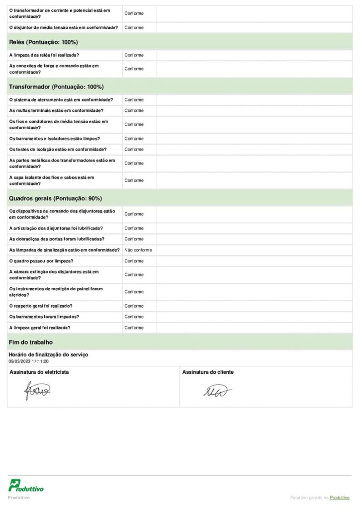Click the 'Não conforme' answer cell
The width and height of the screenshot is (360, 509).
(x=138, y=250)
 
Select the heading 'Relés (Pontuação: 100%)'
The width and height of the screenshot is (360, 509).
(x=43, y=42)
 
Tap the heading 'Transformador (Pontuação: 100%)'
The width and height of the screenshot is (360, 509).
(x=56, y=87)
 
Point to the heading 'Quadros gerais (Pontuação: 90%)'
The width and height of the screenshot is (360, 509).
(x=55, y=198)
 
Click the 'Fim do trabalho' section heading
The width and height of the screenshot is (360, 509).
(x=31, y=342)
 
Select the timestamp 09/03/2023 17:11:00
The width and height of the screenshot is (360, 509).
(x=28, y=361)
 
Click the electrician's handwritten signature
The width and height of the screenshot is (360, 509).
(x=38, y=391)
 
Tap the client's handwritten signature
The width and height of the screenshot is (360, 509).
(x=217, y=392)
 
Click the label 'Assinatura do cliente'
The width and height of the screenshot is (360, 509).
(x=208, y=372)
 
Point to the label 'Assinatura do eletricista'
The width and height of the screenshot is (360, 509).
(x=39, y=372)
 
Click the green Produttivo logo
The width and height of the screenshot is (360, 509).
(x=26, y=486)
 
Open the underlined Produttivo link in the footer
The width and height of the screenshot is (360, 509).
(x=340, y=498)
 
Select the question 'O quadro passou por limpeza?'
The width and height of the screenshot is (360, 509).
(x=41, y=261)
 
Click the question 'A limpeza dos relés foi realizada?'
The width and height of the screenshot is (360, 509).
(x=44, y=55)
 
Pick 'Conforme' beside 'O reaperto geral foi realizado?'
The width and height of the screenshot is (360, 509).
(x=134, y=306)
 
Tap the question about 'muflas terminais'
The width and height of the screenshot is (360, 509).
(x=56, y=110)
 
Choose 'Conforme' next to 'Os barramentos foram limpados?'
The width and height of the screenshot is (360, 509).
(x=134, y=317)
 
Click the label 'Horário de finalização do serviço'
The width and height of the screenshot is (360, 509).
(x=48, y=355)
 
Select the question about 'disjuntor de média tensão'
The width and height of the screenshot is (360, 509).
(x=64, y=27)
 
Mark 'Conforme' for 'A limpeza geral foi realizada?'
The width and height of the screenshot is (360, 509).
(x=134, y=328)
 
